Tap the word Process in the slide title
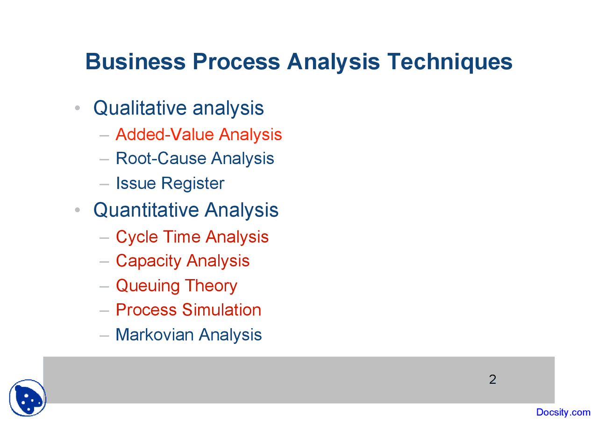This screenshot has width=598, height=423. coord(236,62)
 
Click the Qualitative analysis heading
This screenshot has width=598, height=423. coord(178,108)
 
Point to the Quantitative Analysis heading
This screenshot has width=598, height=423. coord(186,210)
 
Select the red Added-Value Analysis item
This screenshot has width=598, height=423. coord(199,135)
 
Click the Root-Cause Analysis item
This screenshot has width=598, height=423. coord(195,158)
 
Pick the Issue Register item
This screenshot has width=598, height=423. coord(170,183)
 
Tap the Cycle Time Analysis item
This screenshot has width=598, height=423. coord(192,237)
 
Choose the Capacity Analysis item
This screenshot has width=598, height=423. coord(183,261)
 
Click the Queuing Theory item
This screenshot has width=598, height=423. coord(176,286)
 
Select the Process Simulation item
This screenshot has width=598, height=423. coord(188,310)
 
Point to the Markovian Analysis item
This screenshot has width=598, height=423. coord(188,335)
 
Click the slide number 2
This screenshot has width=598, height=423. coord(492,380)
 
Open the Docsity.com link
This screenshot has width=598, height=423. coord(563,412)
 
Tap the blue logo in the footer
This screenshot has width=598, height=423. coord(28,398)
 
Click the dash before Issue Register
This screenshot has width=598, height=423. coord(104,184)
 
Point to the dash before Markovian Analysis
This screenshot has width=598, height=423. coord(104,335)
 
